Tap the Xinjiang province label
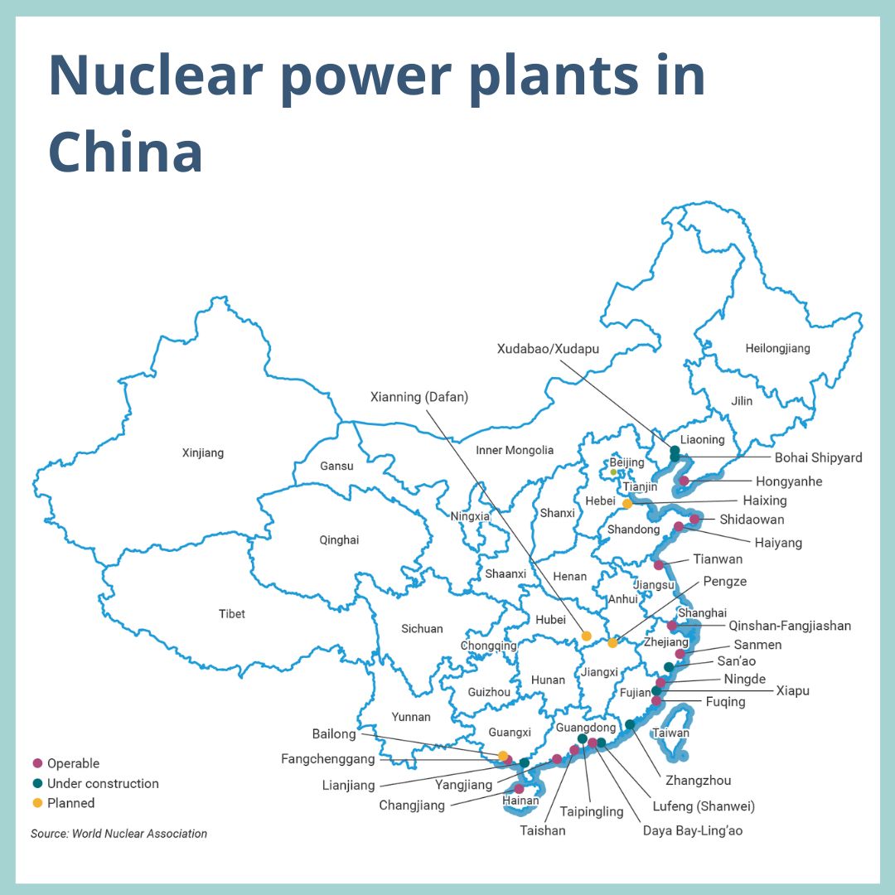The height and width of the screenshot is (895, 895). click(203, 453)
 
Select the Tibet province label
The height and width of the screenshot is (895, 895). click(232, 614)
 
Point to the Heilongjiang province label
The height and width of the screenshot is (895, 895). click(777, 349)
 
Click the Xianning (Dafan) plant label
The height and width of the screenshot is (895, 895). click(418, 397)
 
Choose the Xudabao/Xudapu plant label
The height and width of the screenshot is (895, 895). click(548, 349)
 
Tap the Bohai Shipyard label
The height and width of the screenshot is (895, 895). click(818, 457)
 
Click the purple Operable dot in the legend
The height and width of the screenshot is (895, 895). click(37, 763)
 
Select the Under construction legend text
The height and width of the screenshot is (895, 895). click(103, 783)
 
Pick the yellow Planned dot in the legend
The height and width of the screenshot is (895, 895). click(37, 803)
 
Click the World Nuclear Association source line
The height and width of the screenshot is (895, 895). click(119, 834)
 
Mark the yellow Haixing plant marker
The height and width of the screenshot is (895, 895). click(627, 503)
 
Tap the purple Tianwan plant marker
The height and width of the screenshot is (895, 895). click(659, 565)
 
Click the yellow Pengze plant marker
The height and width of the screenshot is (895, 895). click(612, 643)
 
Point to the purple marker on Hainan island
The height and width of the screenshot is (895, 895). click(519, 789)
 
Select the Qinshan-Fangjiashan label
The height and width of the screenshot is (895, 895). click(790, 626)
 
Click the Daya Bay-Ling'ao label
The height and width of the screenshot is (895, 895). click(693, 830)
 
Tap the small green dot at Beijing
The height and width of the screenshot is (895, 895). click(613, 472)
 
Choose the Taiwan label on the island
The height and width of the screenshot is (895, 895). click(670, 733)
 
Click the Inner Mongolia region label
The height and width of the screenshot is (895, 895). click(515, 450)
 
